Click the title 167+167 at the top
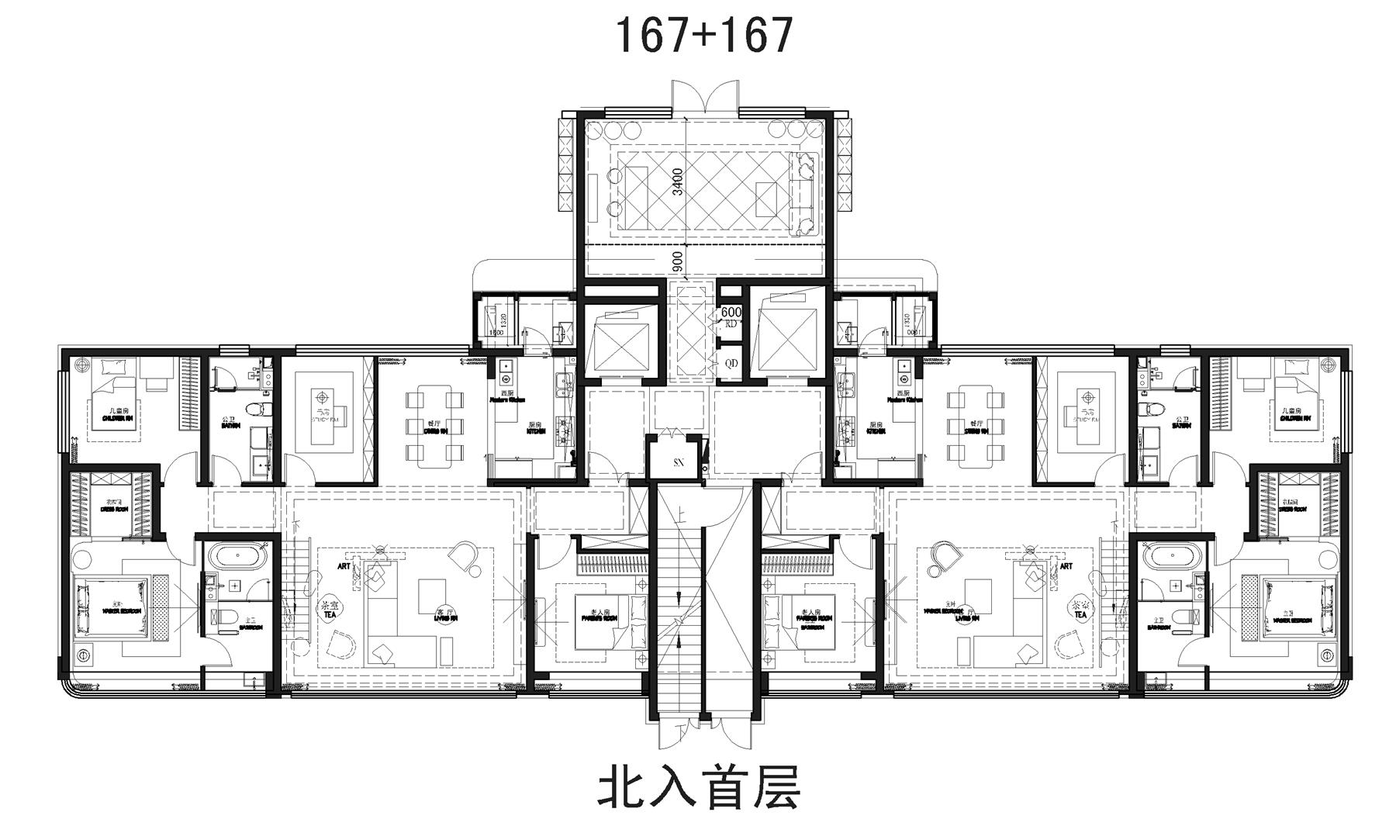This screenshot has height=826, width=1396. coord(704,35)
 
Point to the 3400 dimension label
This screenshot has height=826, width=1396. coord(678,181)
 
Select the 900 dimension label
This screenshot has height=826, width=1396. coord(678,262)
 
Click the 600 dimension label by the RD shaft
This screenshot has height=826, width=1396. coord(731,312)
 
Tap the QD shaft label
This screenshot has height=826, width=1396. coord(731,363)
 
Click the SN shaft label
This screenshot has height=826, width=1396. coord(679,462)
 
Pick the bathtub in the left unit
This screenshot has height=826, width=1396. coord(238,557)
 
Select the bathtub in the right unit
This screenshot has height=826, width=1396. coord(1173,557)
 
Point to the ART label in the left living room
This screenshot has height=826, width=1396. coord(344,566)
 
